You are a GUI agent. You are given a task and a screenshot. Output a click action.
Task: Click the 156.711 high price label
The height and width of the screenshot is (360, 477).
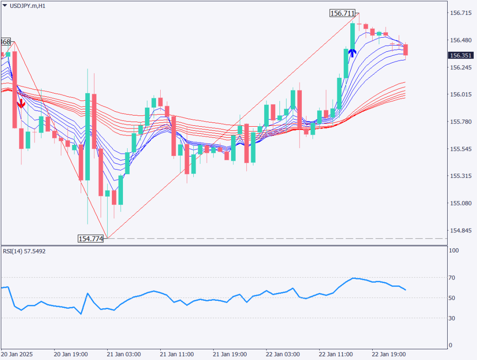(x=342, y=14)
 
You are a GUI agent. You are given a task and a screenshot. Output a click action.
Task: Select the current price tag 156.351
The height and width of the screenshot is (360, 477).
(x=460, y=55)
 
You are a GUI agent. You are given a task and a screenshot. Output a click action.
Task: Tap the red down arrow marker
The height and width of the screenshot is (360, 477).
(x=21, y=103)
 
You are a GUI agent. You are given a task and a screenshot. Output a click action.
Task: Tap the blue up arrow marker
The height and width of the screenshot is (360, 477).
(x=352, y=52)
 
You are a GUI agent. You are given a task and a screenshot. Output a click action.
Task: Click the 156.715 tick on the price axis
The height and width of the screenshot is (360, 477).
(x=460, y=13)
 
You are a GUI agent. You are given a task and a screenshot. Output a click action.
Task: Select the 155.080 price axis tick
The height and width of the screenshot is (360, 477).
(x=460, y=204)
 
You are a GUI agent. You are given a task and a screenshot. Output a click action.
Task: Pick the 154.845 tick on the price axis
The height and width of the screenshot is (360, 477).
(x=460, y=231)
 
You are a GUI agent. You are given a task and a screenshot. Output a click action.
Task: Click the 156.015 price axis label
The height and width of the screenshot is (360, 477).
(x=460, y=95)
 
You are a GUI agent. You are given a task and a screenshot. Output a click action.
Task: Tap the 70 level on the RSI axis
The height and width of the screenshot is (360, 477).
(x=453, y=278)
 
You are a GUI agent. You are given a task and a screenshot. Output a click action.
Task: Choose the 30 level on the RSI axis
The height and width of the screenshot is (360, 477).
(x=453, y=318)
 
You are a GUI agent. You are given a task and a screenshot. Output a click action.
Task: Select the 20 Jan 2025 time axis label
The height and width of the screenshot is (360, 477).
(x=17, y=353)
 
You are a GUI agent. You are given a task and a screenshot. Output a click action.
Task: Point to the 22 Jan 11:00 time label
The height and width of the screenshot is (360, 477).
(x=335, y=353)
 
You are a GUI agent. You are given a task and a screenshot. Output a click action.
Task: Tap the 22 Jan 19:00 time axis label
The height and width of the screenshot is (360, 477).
(x=388, y=353)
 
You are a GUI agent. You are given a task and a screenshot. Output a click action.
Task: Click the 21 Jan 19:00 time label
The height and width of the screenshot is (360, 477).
(x=229, y=353)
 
